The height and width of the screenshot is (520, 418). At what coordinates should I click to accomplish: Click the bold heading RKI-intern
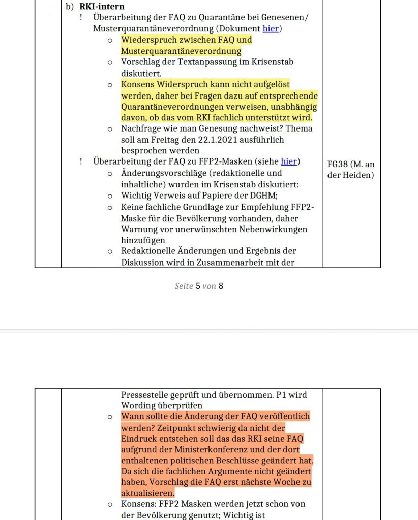click(x=102, y=7)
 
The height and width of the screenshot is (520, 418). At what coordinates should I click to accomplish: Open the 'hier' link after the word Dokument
click(x=271, y=28)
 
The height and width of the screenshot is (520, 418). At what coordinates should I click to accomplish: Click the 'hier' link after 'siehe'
click(x=289, y=161)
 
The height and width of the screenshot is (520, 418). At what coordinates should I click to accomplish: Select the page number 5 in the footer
click(x=198, y=286)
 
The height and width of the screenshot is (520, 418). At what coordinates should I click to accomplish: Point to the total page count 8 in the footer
click(x=221, y=286)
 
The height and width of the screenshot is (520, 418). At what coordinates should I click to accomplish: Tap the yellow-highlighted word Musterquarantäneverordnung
click(x=181, y=51)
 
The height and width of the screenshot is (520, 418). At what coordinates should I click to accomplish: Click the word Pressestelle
click(x=145, y=395)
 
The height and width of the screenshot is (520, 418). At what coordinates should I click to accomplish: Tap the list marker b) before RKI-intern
click(x=70, y=7)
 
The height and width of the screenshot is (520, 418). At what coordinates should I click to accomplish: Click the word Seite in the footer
click(x=184, y=286)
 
